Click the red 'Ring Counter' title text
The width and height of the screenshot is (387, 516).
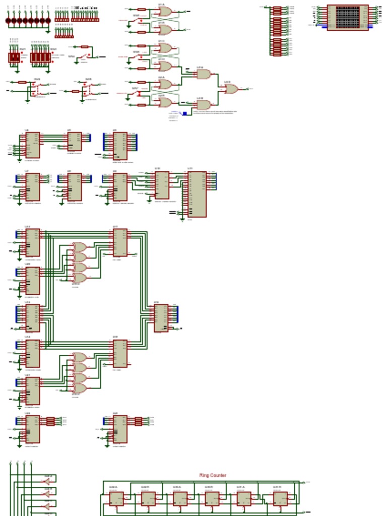pos(213,475)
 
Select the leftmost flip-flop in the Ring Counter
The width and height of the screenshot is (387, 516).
pos(116,499)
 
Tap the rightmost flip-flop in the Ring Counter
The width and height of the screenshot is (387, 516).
pos(280,499)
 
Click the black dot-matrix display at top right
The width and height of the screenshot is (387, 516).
pos(348,17)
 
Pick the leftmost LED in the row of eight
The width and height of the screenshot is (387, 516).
pos(9,21)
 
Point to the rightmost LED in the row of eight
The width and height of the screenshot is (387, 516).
pos(48,21)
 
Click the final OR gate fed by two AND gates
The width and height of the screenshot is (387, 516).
pos(231,89)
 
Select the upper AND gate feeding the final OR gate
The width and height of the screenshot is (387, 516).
pos(203,74)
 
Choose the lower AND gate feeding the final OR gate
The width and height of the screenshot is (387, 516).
pos(203,105)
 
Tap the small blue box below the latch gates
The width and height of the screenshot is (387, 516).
pos(184,113)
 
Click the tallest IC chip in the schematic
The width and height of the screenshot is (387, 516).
pos(197,194)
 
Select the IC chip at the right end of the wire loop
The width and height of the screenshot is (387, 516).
pos(161,317)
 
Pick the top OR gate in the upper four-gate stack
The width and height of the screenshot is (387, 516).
pos(80,247)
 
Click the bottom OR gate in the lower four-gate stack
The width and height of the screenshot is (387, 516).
pos(80,388)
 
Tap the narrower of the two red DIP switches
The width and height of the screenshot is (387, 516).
pos(14,57)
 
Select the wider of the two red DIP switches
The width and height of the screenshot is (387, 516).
pos(40,57)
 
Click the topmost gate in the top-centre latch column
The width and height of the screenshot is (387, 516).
pos(165,11)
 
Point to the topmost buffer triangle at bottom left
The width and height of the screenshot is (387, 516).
pos(47,481)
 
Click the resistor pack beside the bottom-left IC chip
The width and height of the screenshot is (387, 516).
pos(50,421)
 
